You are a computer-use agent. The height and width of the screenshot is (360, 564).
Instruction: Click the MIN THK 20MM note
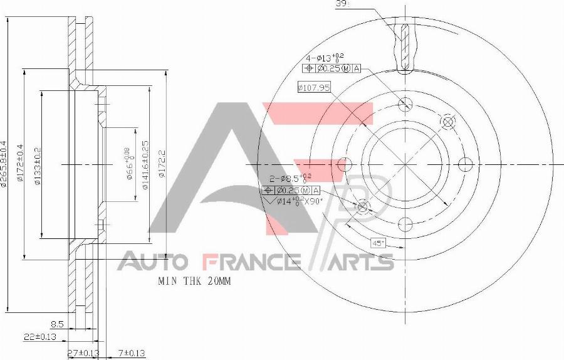pos(194,282)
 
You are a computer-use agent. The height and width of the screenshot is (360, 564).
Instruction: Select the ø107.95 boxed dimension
pos(314,88)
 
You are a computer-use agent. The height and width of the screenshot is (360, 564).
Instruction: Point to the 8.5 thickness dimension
pos(58,325)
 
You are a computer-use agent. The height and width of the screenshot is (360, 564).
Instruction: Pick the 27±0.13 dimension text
pos(83,353)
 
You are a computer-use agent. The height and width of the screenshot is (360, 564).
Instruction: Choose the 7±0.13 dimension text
pos(131,353)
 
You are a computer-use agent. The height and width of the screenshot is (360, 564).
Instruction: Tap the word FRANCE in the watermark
pos(251,261)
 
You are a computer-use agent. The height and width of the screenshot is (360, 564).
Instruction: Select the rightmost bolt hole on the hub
pos(465,164)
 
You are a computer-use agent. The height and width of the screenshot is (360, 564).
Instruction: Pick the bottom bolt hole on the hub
pos(405,224)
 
